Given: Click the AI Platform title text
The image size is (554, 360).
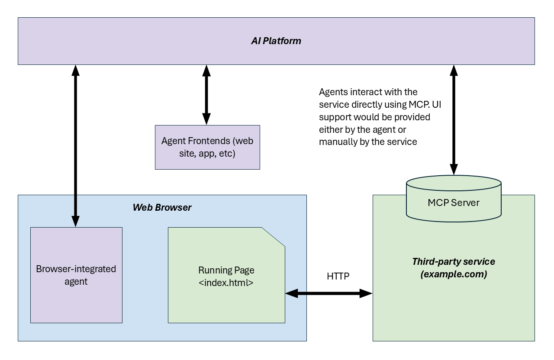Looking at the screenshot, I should tap(276, 42).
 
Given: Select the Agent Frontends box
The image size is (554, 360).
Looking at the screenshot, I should tap(207, 147).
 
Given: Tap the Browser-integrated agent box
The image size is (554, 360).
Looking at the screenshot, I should tap(76, 275).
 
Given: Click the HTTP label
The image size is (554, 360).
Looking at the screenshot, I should tap(338, 276).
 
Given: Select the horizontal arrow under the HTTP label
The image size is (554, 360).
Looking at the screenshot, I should tap(329, 294).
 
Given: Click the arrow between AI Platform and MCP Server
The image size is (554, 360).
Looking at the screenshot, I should tap(454, 119).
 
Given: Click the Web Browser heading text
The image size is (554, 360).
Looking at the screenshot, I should tap(162, 208).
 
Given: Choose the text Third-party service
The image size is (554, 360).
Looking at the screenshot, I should tap(453, 262).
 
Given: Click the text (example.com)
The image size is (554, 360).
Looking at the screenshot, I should tap(453, 274).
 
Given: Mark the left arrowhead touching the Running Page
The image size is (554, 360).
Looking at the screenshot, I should tap(290, 294).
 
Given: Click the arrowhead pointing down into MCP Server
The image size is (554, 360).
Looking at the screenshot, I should tap(454, 169).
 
